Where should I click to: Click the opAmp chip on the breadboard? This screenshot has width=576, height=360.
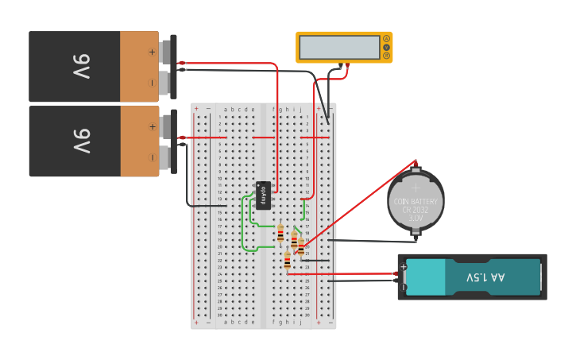point(264,195)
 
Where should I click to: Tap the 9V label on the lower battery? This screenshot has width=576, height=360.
point(82,141)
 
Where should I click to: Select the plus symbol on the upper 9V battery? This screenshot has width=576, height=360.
point(152,52)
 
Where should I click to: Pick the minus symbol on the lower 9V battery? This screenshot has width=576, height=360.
point(152,157)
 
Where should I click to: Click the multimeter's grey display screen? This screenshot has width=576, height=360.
point(339,47)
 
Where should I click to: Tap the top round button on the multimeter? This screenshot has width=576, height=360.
point(387,38)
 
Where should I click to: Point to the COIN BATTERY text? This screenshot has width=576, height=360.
point(416,202)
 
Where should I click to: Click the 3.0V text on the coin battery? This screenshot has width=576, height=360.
point(416,217)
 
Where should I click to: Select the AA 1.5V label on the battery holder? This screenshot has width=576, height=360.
point(485,277)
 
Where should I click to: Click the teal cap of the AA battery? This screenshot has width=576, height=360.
point(426,277)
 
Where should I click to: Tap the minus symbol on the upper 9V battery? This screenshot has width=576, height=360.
point(152,82)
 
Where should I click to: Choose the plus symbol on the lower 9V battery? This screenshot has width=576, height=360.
point(152,126)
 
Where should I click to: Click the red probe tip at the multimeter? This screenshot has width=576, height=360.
point(346,65)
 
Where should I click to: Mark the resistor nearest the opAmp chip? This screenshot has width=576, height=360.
point(280,233)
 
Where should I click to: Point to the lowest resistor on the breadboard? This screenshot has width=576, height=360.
point(287,261)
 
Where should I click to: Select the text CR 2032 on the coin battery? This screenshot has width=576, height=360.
point(416,210)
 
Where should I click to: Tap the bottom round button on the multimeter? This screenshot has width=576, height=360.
point(387,56)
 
